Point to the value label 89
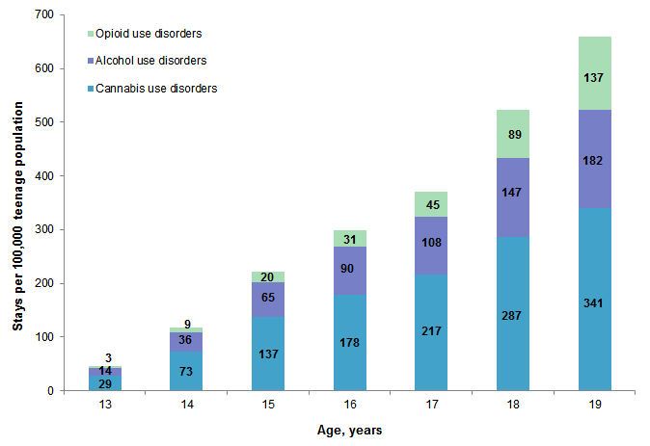point(513,135)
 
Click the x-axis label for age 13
point(105,406)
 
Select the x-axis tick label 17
point(431,406)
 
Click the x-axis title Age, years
point(349,431)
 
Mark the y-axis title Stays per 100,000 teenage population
point(17,202)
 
